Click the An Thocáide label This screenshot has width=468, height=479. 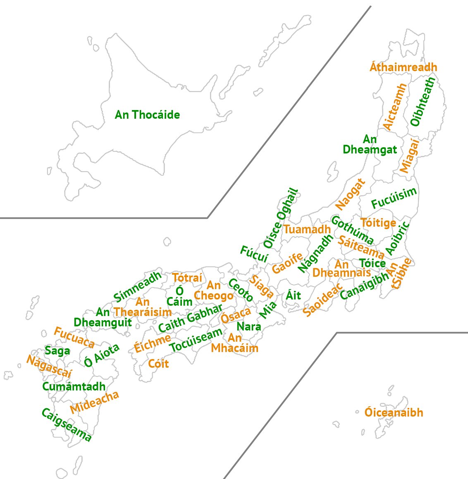(147, 115)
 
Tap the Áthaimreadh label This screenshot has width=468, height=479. (403, 67)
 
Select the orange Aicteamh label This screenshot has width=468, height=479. (395, 107)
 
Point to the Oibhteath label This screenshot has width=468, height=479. (423, 102)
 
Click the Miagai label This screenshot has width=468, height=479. (409, 156)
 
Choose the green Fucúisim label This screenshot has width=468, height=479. (394, 198)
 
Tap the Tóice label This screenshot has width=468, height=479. (372, 263)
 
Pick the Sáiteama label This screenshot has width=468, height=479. (361, 247)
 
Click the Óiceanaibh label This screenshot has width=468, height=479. (394, 412)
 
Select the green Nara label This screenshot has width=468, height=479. (249, 326)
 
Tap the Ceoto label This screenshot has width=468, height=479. (241, 290)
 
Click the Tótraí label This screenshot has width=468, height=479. (187, 278)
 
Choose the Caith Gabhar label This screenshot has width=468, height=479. (190, 318)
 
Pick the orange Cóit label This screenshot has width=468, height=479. (158, 364)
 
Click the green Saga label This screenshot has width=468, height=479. (57, 351)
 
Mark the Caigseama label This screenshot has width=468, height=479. (66, 425)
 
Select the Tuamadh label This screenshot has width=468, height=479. (307, 229)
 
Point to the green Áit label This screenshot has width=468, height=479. (294, 295)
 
